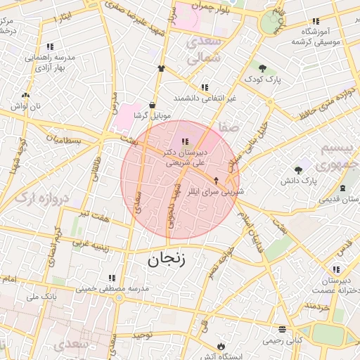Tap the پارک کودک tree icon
pos(262,68)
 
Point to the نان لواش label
pos(25,105)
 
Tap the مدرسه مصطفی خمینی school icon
pos(110,278)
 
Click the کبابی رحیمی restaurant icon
pos(282,329)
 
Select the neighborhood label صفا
pos(229,127)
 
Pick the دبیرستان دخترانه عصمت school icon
pos(336,269)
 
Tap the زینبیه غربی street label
pos(89,245)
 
